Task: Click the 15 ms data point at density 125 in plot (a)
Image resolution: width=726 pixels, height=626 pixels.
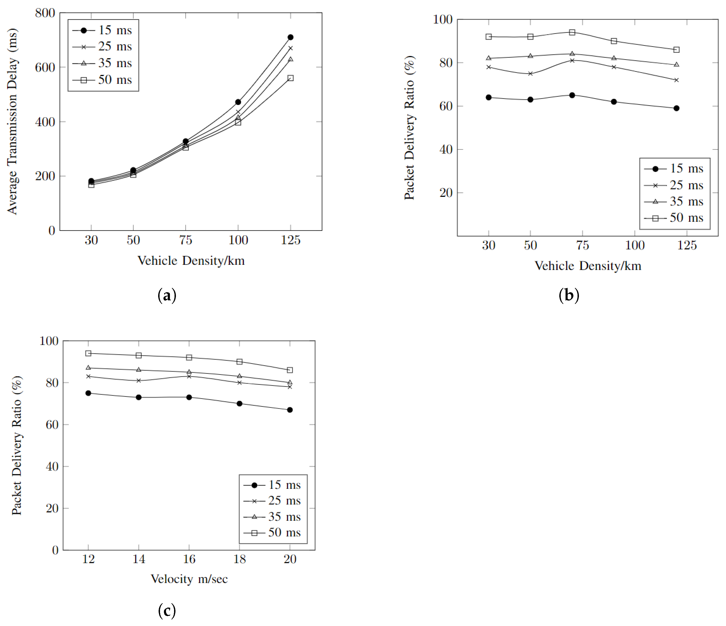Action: coord(290,37)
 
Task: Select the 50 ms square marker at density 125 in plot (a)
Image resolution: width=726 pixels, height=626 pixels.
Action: coord(290,78)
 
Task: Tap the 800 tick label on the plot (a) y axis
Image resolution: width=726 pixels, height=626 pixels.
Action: coord(45,13)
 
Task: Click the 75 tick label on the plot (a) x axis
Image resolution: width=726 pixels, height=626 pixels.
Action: coord(186,240)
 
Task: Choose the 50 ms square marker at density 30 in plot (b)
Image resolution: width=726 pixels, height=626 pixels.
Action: coord(489,37)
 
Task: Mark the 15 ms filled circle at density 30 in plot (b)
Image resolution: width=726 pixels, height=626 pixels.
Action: coord(489,97)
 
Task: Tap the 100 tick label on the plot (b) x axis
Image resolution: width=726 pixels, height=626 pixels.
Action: coord(635,245)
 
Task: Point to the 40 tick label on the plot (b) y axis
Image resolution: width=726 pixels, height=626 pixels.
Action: coord(446,150)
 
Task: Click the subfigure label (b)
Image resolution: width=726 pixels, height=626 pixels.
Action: coord(569,295)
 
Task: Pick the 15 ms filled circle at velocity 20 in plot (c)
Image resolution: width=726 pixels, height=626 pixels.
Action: coord(290,410)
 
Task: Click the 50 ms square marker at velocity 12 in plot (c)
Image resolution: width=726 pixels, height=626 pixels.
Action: coord(88,354)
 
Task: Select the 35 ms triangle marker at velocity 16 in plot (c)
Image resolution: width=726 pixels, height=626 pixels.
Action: coord(189,372)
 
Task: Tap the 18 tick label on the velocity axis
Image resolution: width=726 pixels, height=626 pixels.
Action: coord(240,559)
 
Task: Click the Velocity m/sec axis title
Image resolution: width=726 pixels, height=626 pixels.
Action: coord(189,579)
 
